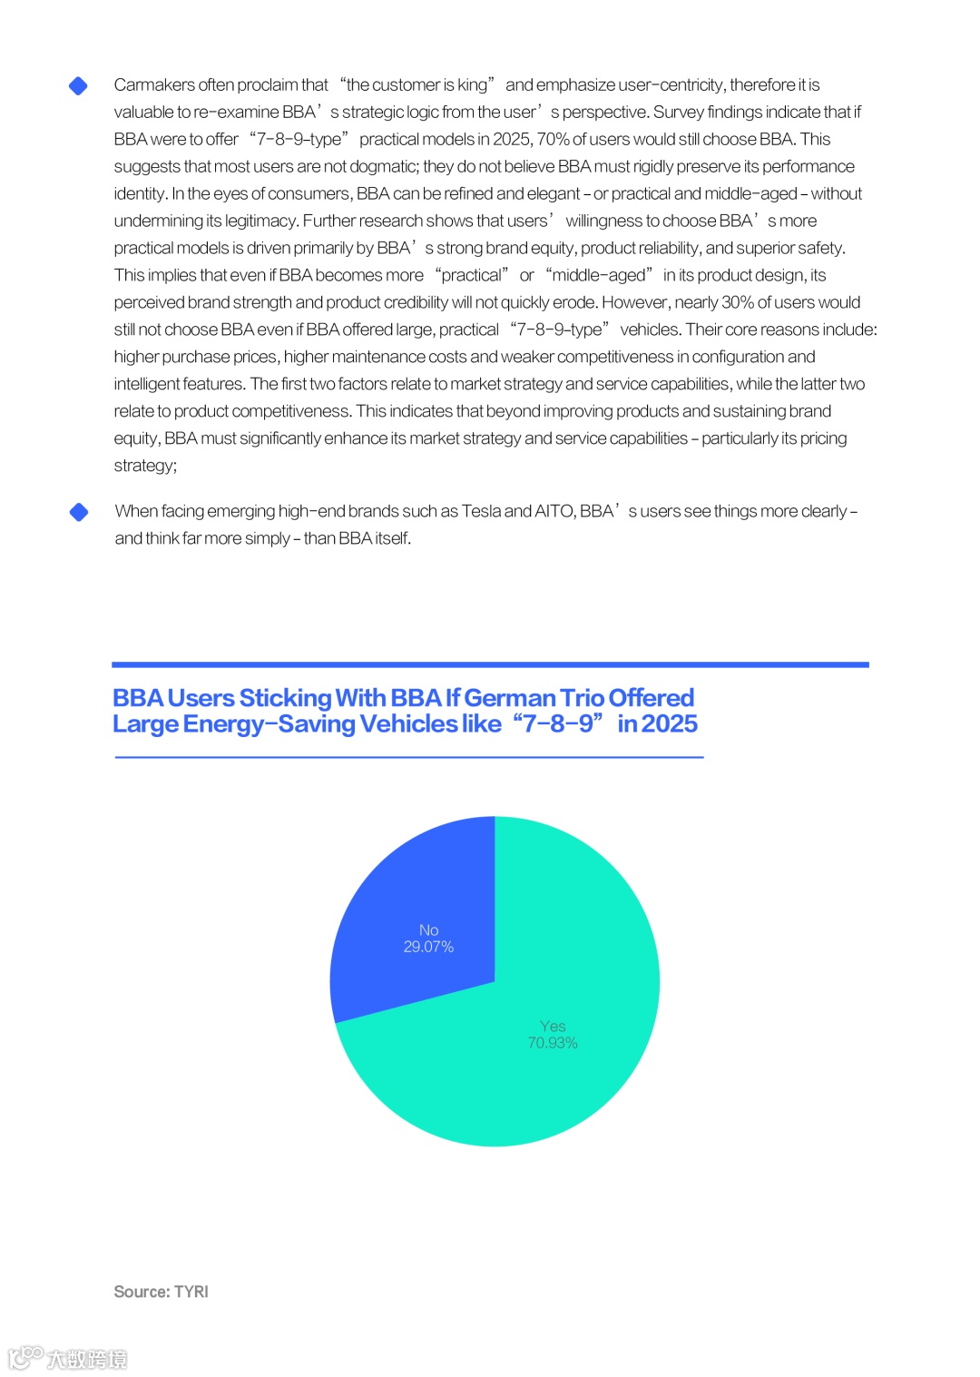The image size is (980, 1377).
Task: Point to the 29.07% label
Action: [428, 947]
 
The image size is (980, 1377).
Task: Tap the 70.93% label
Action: [553, 1043]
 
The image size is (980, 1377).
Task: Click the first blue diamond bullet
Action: [79, 85]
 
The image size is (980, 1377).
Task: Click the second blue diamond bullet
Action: [79, 512]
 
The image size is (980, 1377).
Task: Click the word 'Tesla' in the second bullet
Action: [481, 512]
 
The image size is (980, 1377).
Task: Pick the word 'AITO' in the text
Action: [554, 512]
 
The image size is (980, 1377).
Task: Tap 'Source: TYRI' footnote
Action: [161, 1292]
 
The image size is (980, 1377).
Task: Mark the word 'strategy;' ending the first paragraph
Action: [145, 466]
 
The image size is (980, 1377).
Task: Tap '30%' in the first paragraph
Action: [737, 303]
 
